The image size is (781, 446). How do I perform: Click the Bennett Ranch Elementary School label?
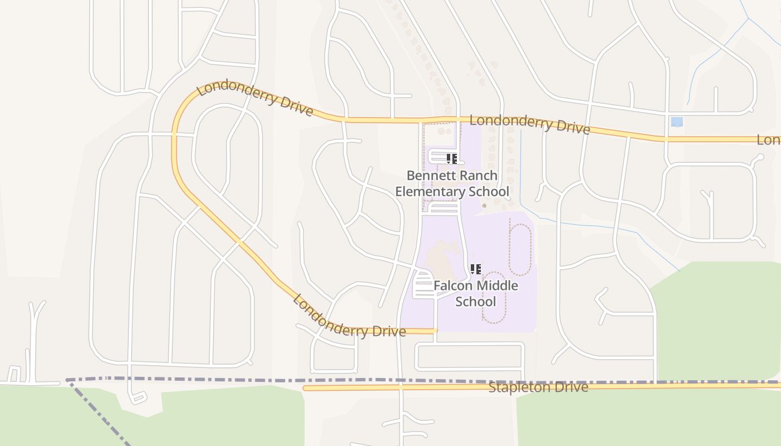452,183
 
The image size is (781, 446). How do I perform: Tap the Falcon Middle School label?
476,294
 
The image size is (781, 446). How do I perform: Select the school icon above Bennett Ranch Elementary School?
452,159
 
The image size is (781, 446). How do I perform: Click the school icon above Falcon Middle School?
475,269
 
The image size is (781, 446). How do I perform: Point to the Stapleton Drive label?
538,387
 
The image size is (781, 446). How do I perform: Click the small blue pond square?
677,122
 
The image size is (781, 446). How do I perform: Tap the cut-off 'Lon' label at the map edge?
768,140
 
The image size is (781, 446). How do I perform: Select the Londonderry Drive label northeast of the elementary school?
529,124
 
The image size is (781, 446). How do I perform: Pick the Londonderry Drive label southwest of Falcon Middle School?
349,317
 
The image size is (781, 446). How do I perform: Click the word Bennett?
428,176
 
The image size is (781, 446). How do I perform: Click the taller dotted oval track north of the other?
520,249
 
